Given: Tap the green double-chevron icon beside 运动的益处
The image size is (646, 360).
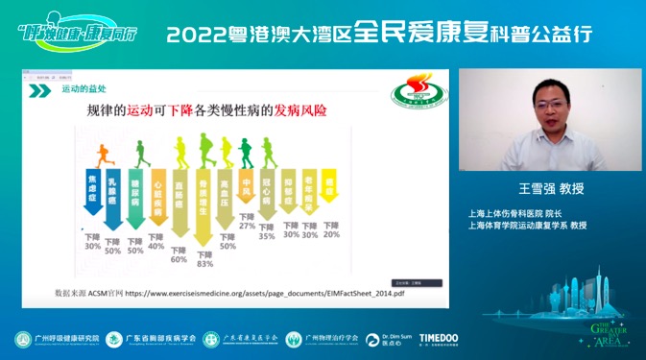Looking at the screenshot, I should pos(39,90).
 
